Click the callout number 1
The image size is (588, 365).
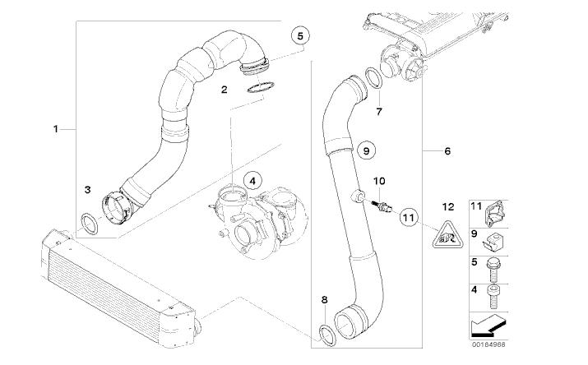[x=57, y=129]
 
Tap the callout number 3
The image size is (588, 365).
[x=87, y=190]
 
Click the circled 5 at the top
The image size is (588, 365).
[x=301, y=35]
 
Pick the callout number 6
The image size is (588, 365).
[x=447, y=151]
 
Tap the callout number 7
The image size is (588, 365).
[x=379, y=109]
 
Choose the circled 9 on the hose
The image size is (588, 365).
[x=367, y=151]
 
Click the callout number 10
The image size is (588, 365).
[x=379, y=180]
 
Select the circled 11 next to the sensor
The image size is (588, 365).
[x=409, y=218]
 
